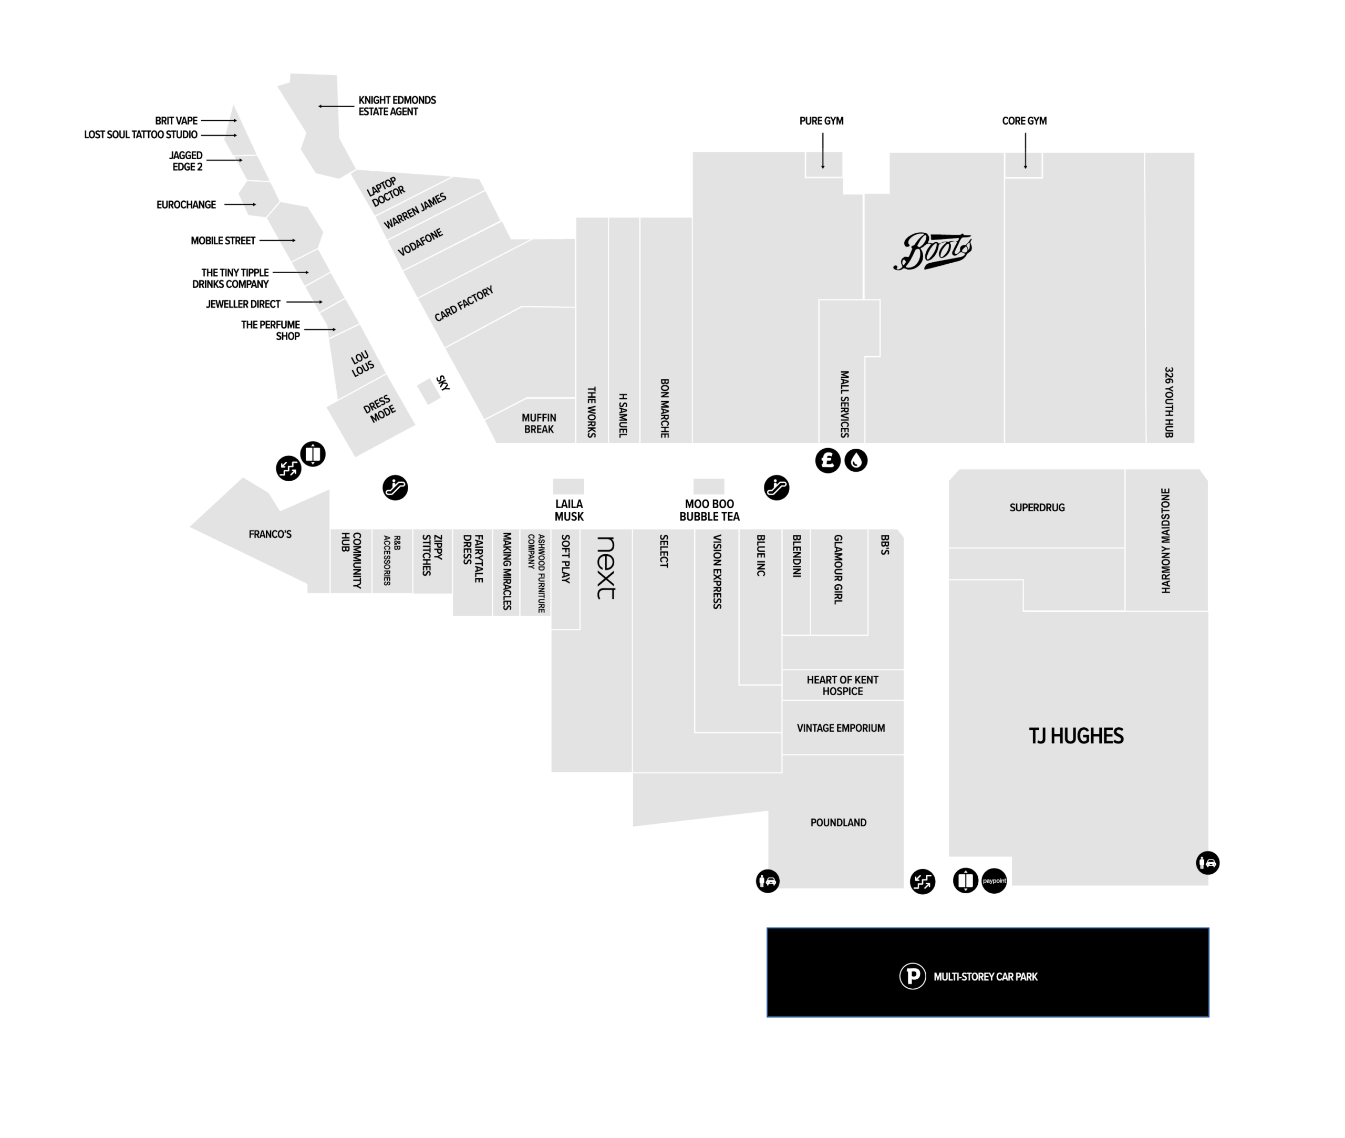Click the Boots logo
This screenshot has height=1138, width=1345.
(x=932, y=251)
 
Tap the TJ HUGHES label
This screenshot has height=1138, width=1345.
(x=1075, y=736)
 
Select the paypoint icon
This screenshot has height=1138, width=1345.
(x=994, y=881)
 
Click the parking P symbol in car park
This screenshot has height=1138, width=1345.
(x=912, y=976)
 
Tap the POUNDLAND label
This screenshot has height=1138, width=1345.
(x=838, y=823)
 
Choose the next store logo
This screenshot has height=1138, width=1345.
(x=606, y=568)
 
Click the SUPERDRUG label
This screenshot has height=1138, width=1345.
(x=1037, y=508)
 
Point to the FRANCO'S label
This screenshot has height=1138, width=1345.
(x=270, y=534)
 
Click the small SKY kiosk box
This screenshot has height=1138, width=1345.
(x=428, y=391)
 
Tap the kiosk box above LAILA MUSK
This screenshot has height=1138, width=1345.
(x=568, y=486)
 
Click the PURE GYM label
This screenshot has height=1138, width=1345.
(x=821, y=121)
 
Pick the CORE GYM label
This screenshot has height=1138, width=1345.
(x=1024, y=121)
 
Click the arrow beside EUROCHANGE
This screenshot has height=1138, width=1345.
(x=240, y=204)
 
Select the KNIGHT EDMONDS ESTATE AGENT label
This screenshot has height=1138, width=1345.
(x=397, y=106)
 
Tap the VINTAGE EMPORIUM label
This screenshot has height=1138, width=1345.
(x=841, y=728)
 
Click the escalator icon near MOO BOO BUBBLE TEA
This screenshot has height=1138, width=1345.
(x=776, y=488)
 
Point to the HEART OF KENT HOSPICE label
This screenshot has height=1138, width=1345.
(x=842, y=685)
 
